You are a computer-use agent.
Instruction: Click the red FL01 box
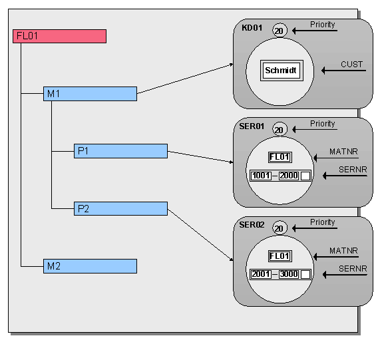tap(59, 37)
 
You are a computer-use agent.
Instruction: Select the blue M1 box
tap(90, 94)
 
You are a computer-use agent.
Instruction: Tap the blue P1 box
tap(120, 151)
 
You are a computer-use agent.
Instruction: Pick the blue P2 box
tap(120, 208)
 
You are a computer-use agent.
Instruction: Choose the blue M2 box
tap(90, 266)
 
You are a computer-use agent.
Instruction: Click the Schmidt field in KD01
tap(282, 71)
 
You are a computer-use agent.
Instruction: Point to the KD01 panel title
tap(252, 28)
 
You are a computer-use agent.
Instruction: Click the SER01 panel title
tap(252, 126)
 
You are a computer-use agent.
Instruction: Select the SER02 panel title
tap(252, 225)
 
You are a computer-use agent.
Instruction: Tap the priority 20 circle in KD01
tap(280, 31)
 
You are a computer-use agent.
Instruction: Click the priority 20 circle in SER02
tap(280, 228)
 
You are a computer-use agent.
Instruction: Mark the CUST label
tap(351, 65)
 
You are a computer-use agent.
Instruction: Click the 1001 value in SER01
tap(261, 176)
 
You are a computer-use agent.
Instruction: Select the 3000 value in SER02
tap(289, 274)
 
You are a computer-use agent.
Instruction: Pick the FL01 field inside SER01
tap(280, 158)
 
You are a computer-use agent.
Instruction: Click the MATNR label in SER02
tap(343, 250)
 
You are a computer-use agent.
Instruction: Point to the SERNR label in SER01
tap(353, 170)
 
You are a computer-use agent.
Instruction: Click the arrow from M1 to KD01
tap(185, 79)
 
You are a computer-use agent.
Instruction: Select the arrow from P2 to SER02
tap(200, 236)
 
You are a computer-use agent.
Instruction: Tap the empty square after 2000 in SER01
tap(305, 176)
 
